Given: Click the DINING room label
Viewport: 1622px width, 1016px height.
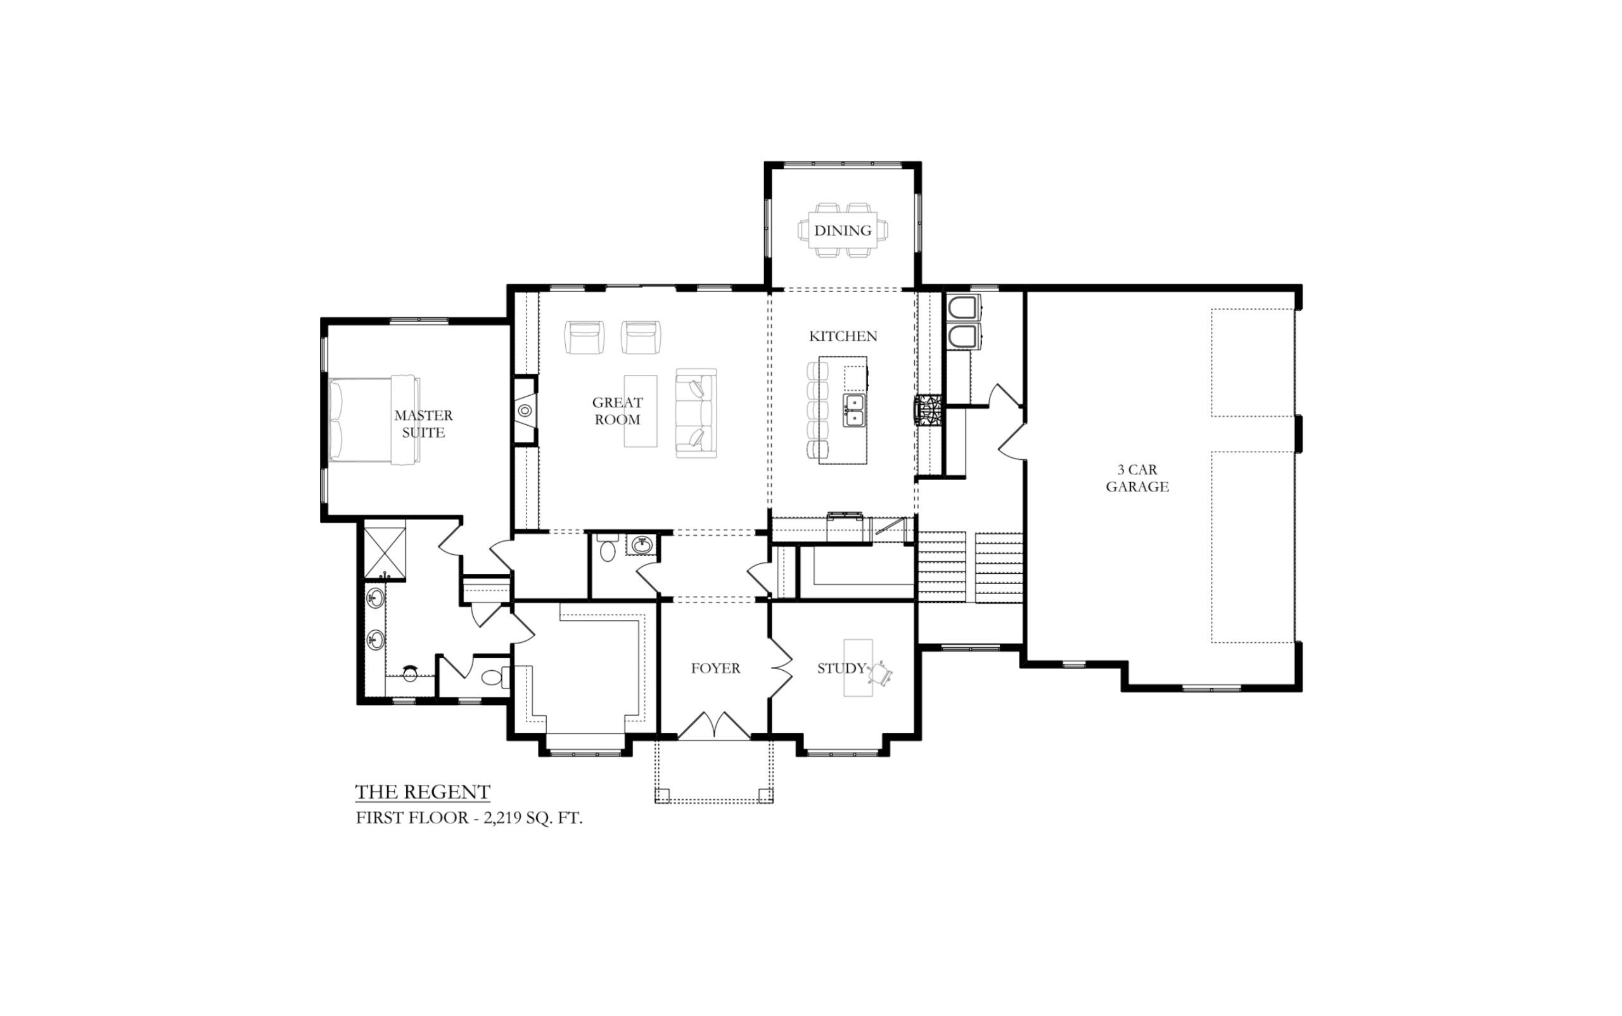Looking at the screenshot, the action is coord(842,231).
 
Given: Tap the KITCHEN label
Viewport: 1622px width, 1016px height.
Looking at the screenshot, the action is coord(843,336).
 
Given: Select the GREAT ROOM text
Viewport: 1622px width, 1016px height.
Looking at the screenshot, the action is coord(617,410).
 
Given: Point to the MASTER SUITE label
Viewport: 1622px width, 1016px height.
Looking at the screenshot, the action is coord(423,423).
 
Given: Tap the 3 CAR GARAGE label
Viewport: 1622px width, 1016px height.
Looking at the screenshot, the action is coord(1137,478).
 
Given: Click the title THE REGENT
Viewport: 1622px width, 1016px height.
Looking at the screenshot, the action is coord(423,792).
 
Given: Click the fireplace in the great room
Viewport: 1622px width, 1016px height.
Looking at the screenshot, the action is coord(525,410).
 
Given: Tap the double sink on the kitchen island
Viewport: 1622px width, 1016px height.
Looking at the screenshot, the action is coord(853,410).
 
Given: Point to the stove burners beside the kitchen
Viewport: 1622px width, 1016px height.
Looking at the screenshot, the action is coord(928,409).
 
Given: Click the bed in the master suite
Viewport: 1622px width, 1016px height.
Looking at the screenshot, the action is coord(374,419).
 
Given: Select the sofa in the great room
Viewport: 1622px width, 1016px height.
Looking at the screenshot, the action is coord(696,413).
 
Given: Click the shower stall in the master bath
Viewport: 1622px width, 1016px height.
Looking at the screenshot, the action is coord(385,553).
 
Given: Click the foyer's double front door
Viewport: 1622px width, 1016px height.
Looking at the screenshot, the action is coord(714,726).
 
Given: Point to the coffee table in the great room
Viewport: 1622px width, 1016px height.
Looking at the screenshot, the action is coord(640,410).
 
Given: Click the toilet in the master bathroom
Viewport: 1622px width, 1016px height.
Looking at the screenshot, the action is coord(495,676).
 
